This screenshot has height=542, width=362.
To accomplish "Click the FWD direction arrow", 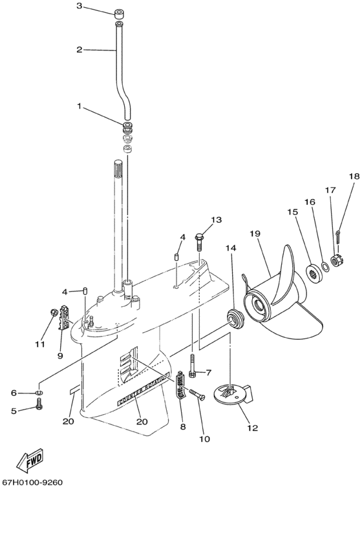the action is (30, 461).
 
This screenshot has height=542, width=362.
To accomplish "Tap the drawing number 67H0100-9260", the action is (33, 482).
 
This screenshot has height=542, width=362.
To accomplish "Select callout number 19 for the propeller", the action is (255, 233).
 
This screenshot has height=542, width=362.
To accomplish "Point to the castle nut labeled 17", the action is (335, 260).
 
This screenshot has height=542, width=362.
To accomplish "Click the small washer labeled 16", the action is (325, 266).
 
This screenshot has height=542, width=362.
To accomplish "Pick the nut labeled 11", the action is (54, 312).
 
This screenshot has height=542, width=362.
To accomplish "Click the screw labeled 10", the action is (197, 393).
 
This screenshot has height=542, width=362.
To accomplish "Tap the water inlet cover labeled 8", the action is (181, 385).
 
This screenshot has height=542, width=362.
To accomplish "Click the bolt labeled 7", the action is (193, 366).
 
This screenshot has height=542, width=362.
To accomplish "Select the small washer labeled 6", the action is (39, 393).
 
